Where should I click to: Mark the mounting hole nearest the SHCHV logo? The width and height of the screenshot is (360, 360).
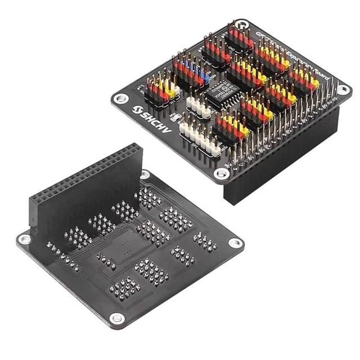coord(120,98)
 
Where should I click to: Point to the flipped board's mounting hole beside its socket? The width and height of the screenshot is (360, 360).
coord(145,175)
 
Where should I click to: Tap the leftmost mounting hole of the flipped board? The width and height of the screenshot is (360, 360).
coord(23,239)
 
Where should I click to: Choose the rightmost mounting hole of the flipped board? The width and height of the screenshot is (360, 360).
coord(236,243)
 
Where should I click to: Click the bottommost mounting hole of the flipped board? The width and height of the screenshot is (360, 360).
coord(116,318)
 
